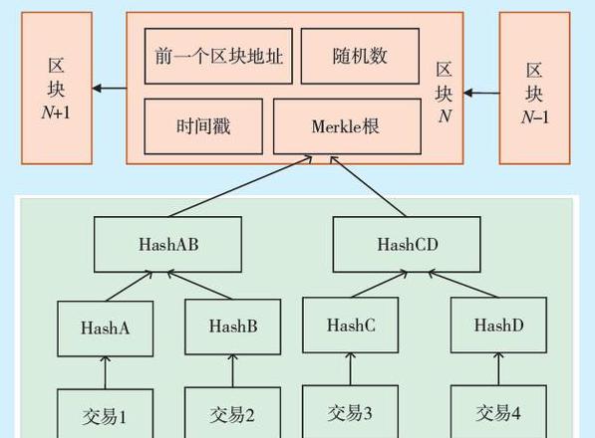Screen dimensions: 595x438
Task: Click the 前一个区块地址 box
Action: pos(218,56)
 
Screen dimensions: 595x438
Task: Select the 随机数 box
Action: pos(360,56)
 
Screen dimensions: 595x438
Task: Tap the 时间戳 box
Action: pos(203,126)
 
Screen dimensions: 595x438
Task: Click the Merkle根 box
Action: pos(347,126)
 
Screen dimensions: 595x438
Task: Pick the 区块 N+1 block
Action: pos(57,89)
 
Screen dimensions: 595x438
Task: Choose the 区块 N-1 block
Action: pos(534,89)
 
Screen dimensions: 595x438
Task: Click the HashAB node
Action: pos(167,245)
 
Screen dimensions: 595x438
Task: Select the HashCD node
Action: pos(407,245)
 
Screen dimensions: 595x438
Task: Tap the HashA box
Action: pos(106,328)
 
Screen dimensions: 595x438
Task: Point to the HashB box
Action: pos(233,327)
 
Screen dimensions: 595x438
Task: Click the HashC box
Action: pos(351,326)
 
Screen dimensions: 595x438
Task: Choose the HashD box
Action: pos(498,326)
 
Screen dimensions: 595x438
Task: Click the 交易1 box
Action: pos(106,413)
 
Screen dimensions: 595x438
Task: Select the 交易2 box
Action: pos(233,412)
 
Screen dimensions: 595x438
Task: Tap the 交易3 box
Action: pos(351,411)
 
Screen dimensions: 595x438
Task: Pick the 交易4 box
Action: pos(498,411)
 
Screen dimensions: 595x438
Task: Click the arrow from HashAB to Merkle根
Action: pos(240,186)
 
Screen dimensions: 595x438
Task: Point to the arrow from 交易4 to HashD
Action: pos(498,368)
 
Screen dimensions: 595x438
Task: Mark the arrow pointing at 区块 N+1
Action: pos(110,89)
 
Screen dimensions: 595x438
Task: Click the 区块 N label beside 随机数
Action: pos(444,93)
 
